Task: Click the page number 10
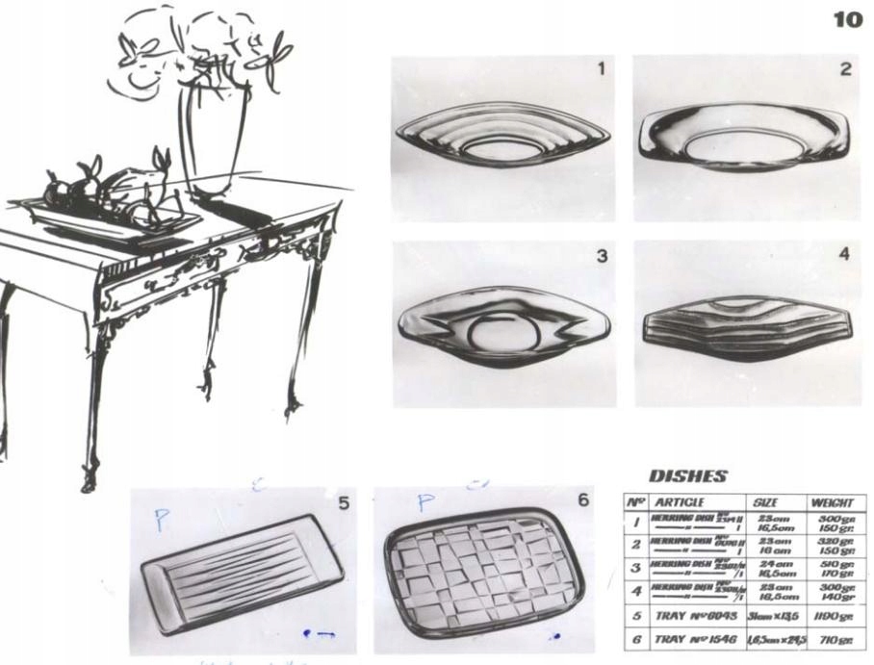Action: coord(848,20)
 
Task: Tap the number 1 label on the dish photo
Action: coord(601,68)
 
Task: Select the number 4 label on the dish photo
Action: coord(843,255)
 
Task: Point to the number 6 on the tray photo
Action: coord(582,501)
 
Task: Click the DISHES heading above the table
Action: coord(688,476)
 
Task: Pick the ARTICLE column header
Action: coord(681,502)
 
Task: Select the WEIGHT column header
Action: coord(834,502)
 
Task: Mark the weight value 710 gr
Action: coord(834,638)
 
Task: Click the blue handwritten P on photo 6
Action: coord(425,502)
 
